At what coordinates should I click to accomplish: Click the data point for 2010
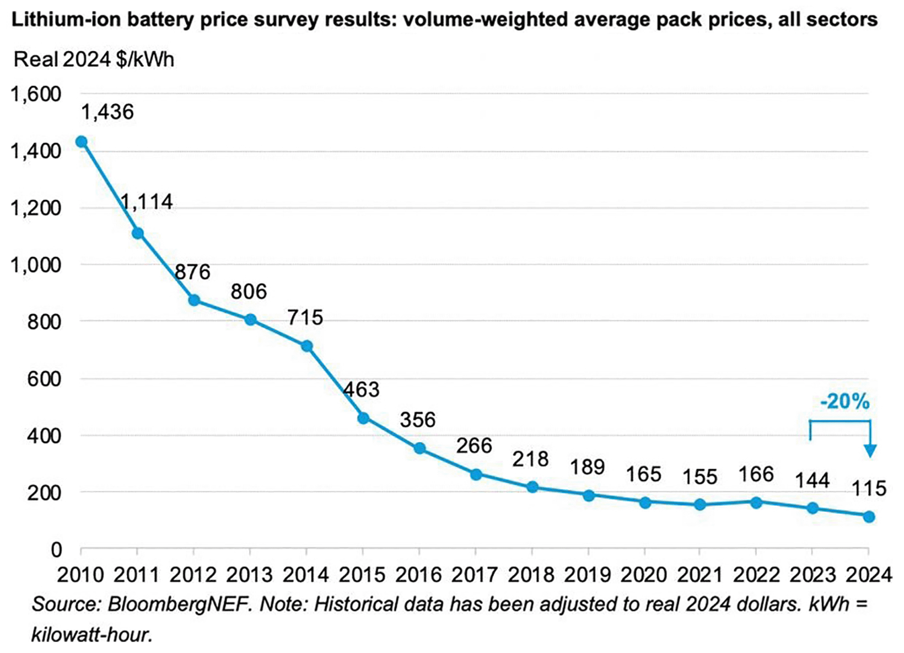[82, 142]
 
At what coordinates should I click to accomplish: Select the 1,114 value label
[147, 202]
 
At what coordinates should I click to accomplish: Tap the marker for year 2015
[363, 418]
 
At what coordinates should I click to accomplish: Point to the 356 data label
[418, 420]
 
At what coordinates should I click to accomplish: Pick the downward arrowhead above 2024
[870, 451]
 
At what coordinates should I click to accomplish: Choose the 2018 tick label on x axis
[531, 575]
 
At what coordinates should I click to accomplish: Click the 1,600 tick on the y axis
[36, 94]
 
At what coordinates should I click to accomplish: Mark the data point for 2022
[756, 502]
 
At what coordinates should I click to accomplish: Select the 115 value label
[869, 488]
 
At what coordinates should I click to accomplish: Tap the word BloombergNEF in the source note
[180, 604]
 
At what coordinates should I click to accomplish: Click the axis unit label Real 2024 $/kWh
[94, 60]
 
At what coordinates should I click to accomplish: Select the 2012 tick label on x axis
[193, 575]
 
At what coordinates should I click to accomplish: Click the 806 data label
[249, 291]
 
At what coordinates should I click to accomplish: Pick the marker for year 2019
[589, 495]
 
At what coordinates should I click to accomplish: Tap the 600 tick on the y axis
[44, 379]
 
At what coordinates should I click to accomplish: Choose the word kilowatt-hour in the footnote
[92, 635]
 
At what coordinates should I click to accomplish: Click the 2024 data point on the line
[869, 517]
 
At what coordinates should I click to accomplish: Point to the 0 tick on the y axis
[56, 549]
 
